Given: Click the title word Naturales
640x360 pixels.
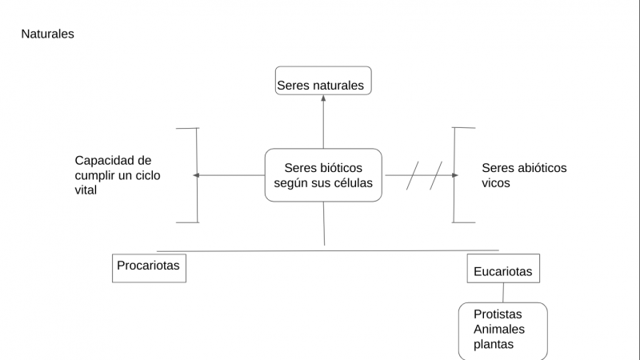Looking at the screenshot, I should point(47,34).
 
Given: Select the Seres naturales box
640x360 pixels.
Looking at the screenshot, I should point(323,81).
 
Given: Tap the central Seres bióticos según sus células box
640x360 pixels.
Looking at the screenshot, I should point(323,175).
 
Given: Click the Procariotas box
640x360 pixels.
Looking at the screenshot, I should point(149,266).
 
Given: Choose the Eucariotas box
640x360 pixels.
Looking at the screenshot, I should point(503,269).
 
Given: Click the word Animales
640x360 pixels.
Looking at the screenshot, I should point(499,330).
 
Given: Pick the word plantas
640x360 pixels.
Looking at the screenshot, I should point(494,345).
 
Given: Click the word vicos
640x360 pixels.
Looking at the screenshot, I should point(496,183).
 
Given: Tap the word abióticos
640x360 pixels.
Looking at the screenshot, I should point(539,168).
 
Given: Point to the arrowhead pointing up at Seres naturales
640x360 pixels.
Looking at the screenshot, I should point(323,99).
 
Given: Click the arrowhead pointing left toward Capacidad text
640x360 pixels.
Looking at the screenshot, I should point(196,175).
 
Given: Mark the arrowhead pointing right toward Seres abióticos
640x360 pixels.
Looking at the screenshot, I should point(454,175).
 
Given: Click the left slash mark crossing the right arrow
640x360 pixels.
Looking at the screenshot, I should point(413,175).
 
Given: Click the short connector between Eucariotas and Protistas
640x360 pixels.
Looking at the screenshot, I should point(503,293).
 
